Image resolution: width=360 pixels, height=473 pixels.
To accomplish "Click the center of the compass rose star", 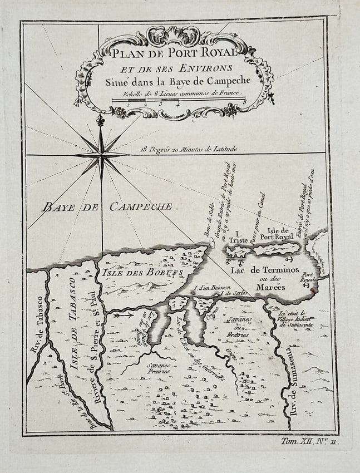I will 102,155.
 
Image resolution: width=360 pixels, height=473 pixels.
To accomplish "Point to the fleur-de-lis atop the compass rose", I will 101,120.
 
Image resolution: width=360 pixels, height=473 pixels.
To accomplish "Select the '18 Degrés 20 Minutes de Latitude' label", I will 189,149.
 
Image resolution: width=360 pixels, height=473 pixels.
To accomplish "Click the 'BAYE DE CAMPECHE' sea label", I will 107,207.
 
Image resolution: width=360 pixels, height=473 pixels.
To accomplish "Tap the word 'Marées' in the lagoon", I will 271,287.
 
